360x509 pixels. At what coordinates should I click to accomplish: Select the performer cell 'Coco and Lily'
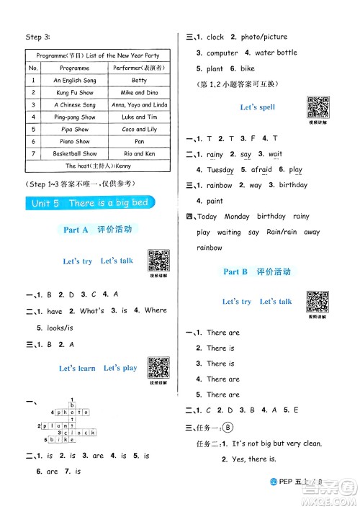(139, 129)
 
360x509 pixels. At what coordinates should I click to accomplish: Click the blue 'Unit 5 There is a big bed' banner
(90, 203)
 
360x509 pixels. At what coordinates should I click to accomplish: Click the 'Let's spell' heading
(257, 107)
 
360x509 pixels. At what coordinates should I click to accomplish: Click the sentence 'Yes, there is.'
(251, 459)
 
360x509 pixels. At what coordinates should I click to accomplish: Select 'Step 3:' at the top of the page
(35, 37)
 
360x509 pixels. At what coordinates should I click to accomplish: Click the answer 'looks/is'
(58, 327)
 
